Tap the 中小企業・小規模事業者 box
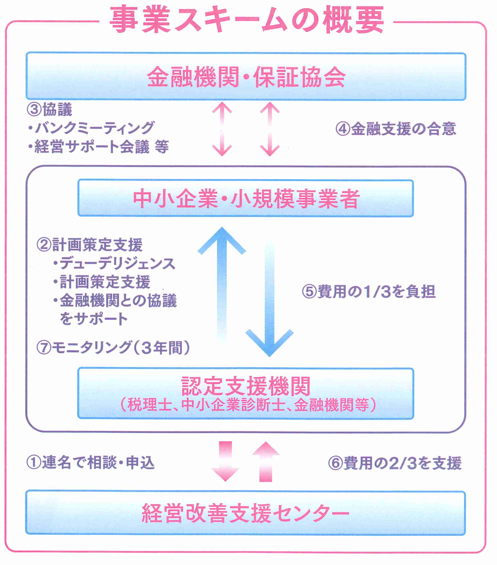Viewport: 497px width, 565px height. tap(246, 198)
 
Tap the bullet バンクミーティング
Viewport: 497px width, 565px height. tap(91, 128)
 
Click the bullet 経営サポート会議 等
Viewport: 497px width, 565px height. tap(98, 146)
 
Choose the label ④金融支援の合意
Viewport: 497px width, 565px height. tap(396, 129)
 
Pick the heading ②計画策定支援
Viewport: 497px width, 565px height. tap(90, 245)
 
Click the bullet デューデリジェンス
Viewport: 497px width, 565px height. tap(115, 263)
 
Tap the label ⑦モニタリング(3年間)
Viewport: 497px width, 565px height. tap(113, 348)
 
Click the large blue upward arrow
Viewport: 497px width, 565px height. tap(222, 276)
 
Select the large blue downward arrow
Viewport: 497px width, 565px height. tap(269, 304)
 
